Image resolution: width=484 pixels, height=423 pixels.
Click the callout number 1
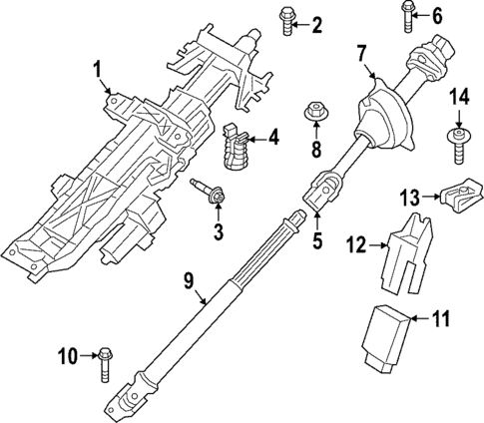click(97, 69)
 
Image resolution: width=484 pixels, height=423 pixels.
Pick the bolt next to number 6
click(408, 13)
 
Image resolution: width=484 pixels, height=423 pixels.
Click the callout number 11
click(441, 319)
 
